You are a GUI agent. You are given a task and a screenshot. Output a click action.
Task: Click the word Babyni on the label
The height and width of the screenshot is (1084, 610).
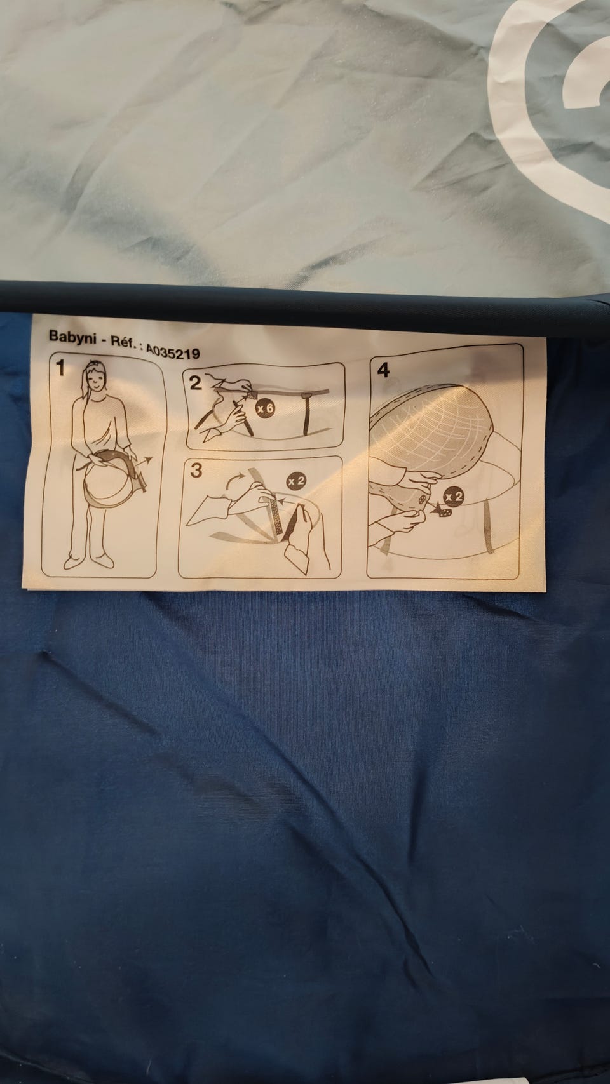(x=72, y=337)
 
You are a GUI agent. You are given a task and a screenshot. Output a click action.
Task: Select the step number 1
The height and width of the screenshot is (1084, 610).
(x=60, y=369)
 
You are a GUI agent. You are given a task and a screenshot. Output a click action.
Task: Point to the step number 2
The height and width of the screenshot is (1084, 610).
(x=195, y=384)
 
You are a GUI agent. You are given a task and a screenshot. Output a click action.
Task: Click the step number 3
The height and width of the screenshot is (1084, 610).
(x=196, y=471)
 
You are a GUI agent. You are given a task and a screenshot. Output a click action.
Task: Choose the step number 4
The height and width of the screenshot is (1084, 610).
(x=383, y=370)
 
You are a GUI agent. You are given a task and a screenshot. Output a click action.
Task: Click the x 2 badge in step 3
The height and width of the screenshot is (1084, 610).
(x=296, y=481)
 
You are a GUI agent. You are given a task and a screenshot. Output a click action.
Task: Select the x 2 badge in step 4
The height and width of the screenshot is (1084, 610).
(x=454, y=497)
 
